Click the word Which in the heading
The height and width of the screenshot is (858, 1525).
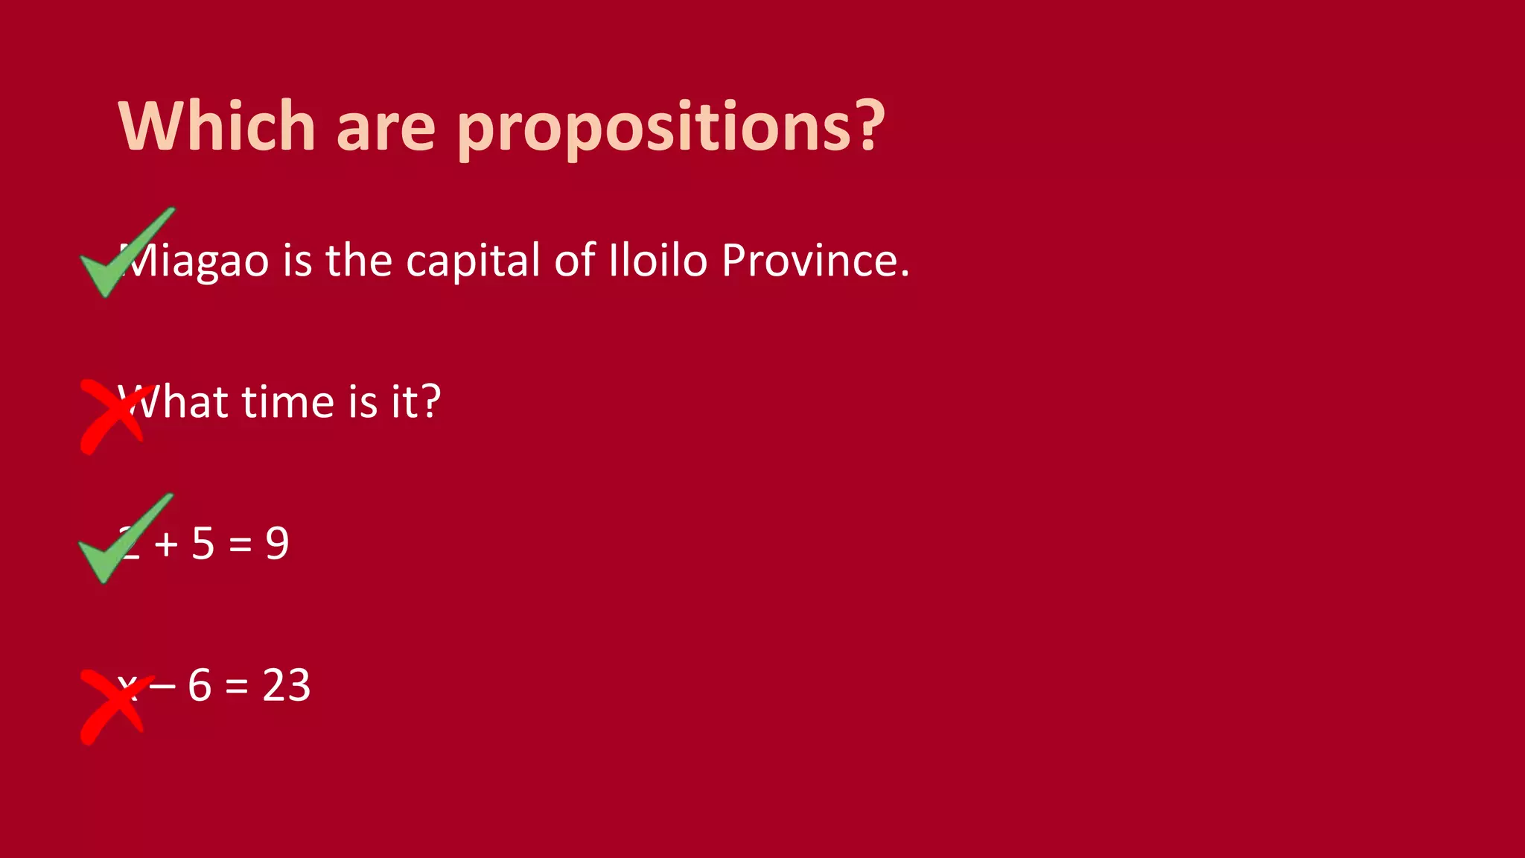(217, 126)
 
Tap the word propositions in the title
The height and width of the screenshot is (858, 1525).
(670, 128)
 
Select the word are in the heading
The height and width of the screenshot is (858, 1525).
(386, 128)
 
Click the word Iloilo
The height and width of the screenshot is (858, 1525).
(658, 260)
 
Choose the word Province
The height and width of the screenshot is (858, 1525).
(815, 260)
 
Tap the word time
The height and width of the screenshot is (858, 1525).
(288, 402)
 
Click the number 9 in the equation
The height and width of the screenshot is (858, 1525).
(277, 543)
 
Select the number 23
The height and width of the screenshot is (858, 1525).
(286, 685)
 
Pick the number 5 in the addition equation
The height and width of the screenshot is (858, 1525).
(203, 543)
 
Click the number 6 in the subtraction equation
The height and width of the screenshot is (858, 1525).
(200, 685)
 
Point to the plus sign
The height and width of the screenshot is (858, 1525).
(166, 544)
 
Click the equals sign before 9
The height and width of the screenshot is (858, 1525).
(240, 544)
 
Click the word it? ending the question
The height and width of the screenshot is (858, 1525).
(416, 402)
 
